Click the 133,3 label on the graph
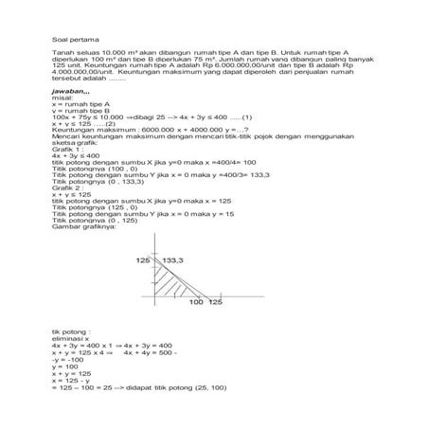click(172, 259)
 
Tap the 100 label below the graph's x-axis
click(196, 302)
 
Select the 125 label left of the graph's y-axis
click(143, 259)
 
